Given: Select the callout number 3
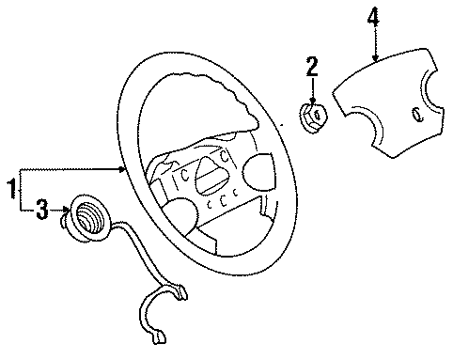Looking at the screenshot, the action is pyautogui.click(x=41, y=211).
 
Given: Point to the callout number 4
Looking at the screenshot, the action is pyautogui.click(x=374, y=16).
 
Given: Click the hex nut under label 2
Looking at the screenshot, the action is pyautogui.click(x=314, y=117).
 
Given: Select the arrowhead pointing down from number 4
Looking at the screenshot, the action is pyautogui.click(x=375, y=57).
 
